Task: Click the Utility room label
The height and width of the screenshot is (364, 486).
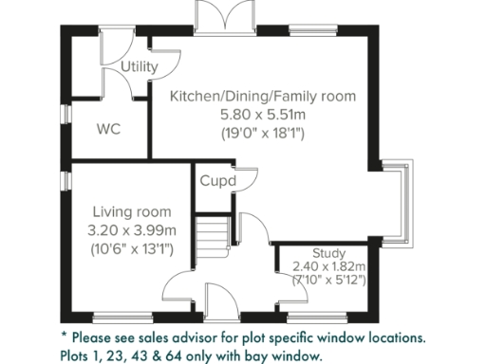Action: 140,66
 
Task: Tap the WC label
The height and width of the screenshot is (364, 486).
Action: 108,131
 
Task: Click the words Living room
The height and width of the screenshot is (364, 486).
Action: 132,211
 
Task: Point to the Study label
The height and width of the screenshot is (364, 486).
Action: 327,253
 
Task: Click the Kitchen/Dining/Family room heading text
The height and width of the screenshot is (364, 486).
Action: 262,96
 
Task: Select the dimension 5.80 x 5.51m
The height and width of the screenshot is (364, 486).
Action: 262,115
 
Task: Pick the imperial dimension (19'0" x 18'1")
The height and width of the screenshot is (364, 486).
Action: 262,134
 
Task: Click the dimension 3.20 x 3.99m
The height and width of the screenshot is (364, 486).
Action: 132,230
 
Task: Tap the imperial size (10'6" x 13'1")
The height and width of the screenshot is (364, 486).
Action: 132,249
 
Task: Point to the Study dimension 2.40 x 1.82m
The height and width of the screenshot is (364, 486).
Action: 328,266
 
